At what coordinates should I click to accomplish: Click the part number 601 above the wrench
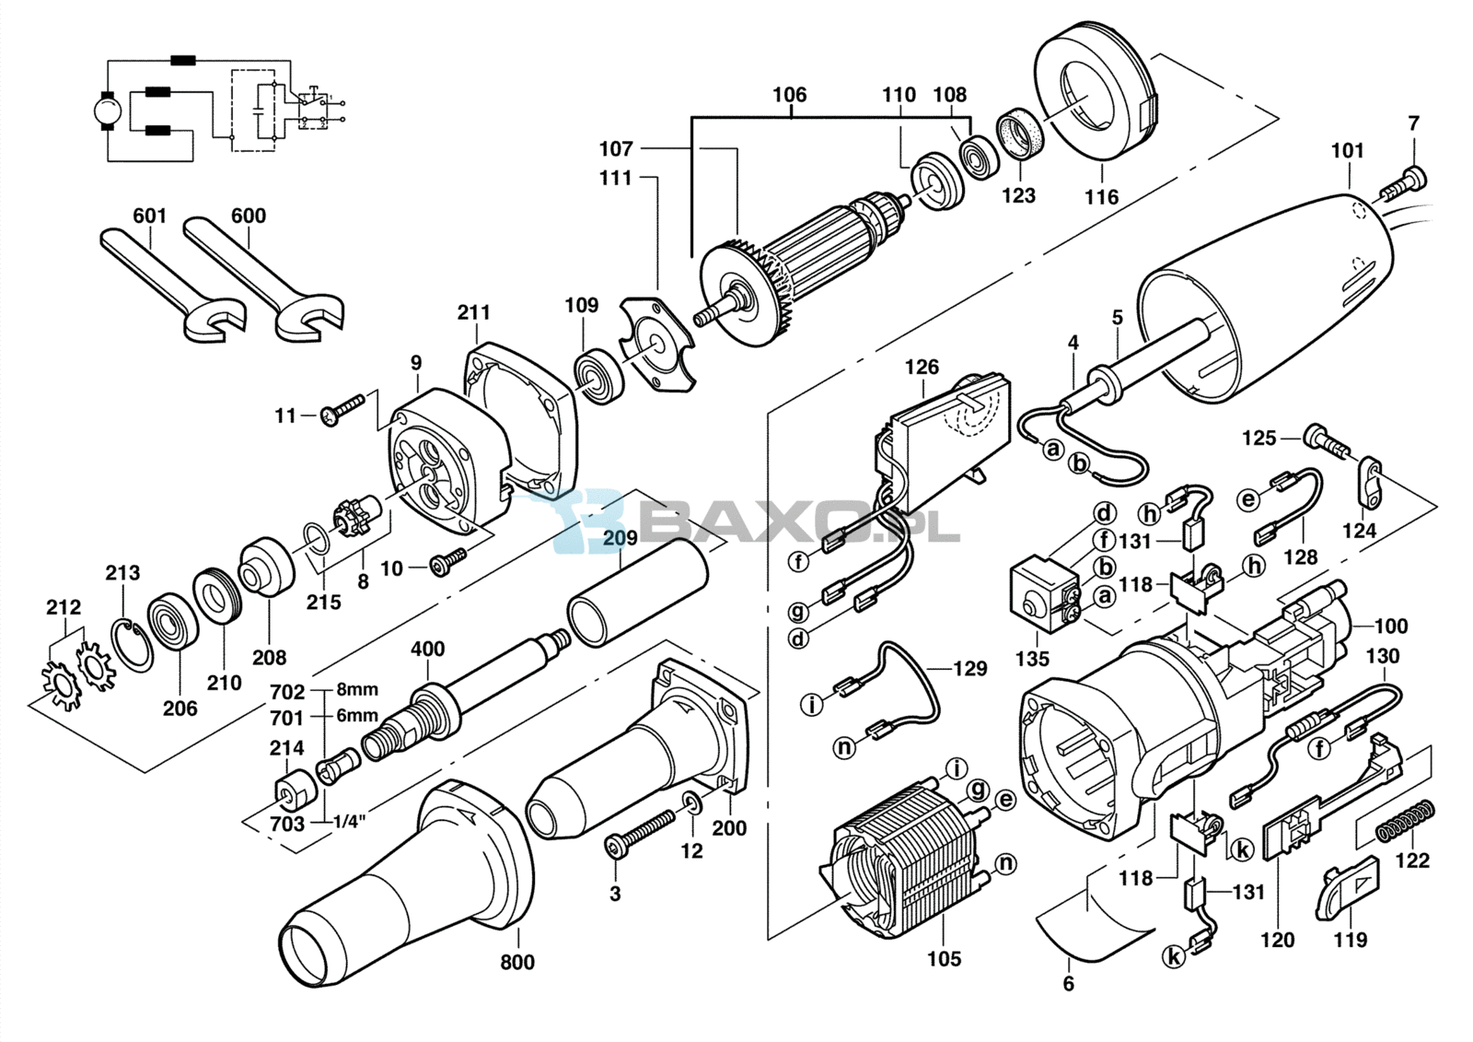click(x=149, y=216)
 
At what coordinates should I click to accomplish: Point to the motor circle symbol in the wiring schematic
click(x=107, y=111)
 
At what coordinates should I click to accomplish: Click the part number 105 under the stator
click(x=945, y=958)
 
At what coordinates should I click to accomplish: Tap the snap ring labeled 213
click(x=137, y=644)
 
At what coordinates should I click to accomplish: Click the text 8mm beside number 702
click(x=357, y=690)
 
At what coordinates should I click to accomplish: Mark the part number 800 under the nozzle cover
click(x=517, y=962)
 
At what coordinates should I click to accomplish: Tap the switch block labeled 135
click(x=1046, y=592)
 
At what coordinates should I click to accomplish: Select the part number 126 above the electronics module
click(x=922, y=367)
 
